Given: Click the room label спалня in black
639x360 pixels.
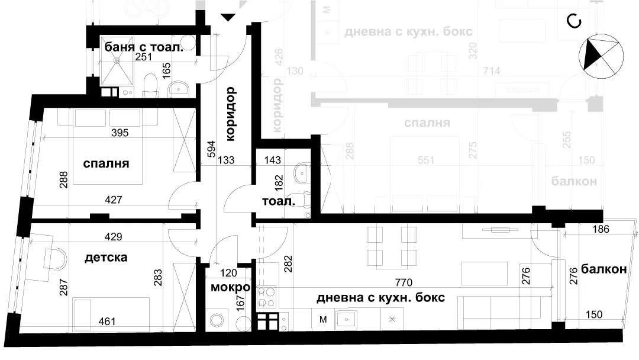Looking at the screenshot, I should click(x=106, y=164).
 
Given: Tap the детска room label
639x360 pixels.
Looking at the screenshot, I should click(x=106, y=258).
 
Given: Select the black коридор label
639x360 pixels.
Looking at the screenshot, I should click(x=231, y=114).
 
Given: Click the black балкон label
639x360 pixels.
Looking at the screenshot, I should click(x=603, y=269).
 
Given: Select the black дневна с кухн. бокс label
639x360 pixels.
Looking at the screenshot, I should click(x=380, y=298).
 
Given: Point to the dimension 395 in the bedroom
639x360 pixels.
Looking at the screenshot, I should click(x=121, y=133).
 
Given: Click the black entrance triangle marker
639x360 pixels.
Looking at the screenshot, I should click(x=228, y=17).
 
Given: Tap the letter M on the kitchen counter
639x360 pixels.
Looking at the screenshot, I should click(x=324, y=320).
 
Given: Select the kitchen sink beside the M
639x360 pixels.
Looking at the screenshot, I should click(x=346, y=320).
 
